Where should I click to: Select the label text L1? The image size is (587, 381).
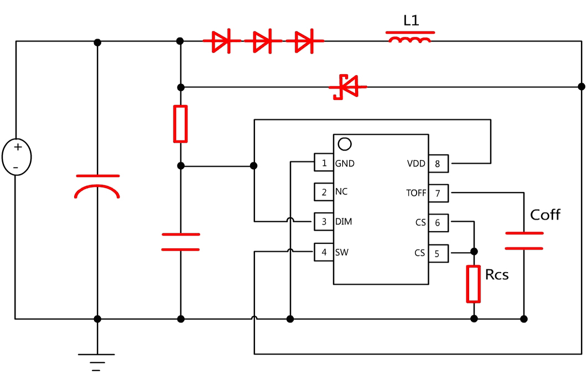point(411,21)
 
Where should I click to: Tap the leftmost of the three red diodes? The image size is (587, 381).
point(221,41)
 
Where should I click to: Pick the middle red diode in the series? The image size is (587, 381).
point(262,41)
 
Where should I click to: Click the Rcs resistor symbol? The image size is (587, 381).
point(474,284)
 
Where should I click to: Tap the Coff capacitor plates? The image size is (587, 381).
point(523,241)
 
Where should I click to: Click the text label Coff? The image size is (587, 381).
point(545,215)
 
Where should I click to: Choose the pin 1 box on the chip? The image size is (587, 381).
point(324,163)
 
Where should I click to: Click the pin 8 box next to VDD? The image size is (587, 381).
point(437,164)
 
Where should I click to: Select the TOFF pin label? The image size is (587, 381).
point(416,193)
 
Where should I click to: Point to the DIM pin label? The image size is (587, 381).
point(344,222)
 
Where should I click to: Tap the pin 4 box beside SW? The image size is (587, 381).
point(324,252)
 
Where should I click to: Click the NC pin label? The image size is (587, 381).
point(341,192)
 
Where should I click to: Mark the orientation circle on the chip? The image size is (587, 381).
point(344,144)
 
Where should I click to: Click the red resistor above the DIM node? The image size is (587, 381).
point(180,124)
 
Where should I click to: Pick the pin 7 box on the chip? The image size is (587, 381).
point(437,193)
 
